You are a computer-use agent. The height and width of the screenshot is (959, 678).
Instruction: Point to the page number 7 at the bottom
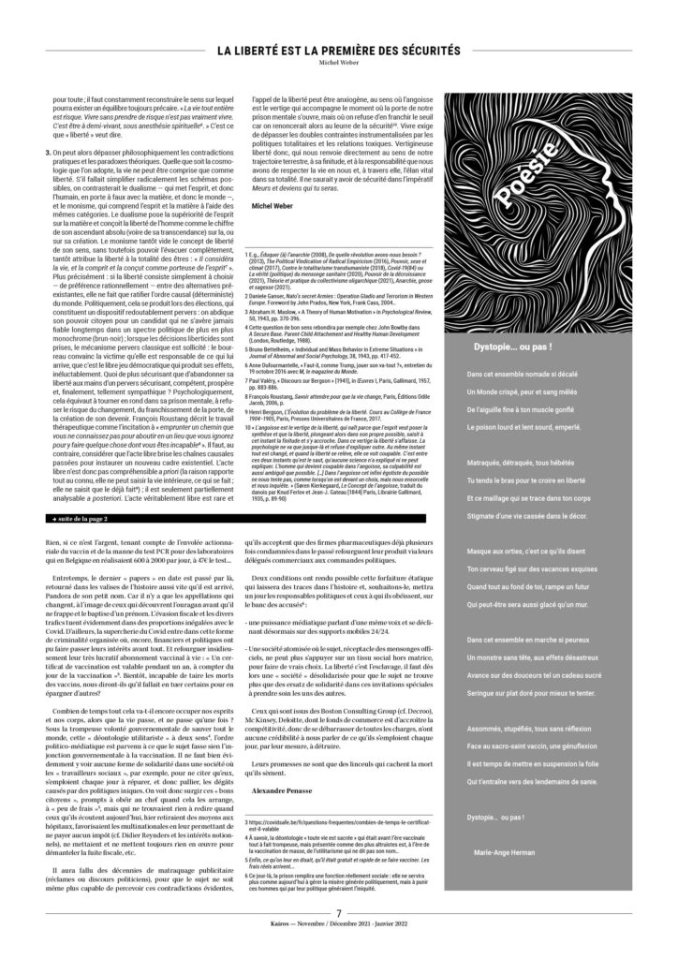[338, 936]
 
